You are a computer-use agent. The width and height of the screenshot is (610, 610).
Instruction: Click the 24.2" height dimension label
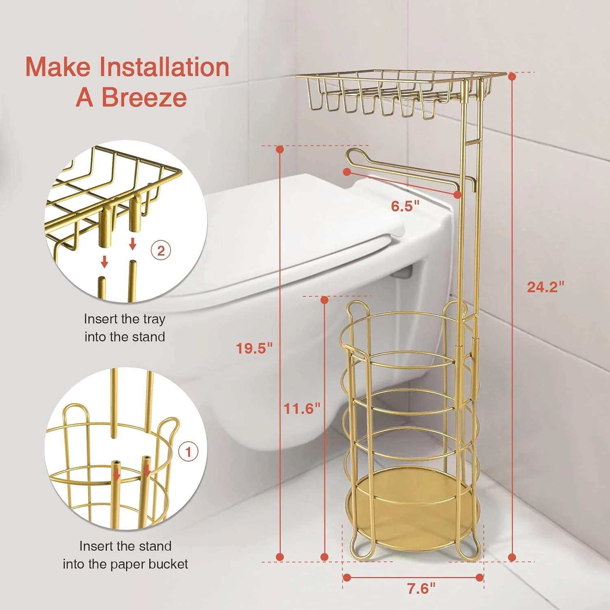coord(545,287)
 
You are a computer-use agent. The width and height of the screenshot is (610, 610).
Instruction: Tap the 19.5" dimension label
coord(254,348)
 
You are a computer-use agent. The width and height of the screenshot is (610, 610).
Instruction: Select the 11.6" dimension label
coord(302,408)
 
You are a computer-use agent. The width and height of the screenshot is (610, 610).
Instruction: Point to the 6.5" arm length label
coord(405,206)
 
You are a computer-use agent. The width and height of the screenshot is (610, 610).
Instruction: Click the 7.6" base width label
coord(421,588)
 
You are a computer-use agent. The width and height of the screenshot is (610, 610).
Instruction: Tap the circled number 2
coord(161,251)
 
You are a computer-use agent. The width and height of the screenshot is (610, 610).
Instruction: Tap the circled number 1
coord(188,452)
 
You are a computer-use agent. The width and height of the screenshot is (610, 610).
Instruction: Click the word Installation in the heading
coord(165,67)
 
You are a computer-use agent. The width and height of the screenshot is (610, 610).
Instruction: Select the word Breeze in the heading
coord(144,98)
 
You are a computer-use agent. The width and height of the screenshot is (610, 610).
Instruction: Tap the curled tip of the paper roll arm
coord(353,155)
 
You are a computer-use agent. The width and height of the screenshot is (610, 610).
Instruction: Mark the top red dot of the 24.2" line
coord(512,76)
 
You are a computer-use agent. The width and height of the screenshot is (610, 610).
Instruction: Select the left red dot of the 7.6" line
coord(347,577)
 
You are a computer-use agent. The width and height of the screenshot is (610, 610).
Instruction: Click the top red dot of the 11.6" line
coord(324,300)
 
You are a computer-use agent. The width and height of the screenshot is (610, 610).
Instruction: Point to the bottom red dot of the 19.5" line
coord(280,557)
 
